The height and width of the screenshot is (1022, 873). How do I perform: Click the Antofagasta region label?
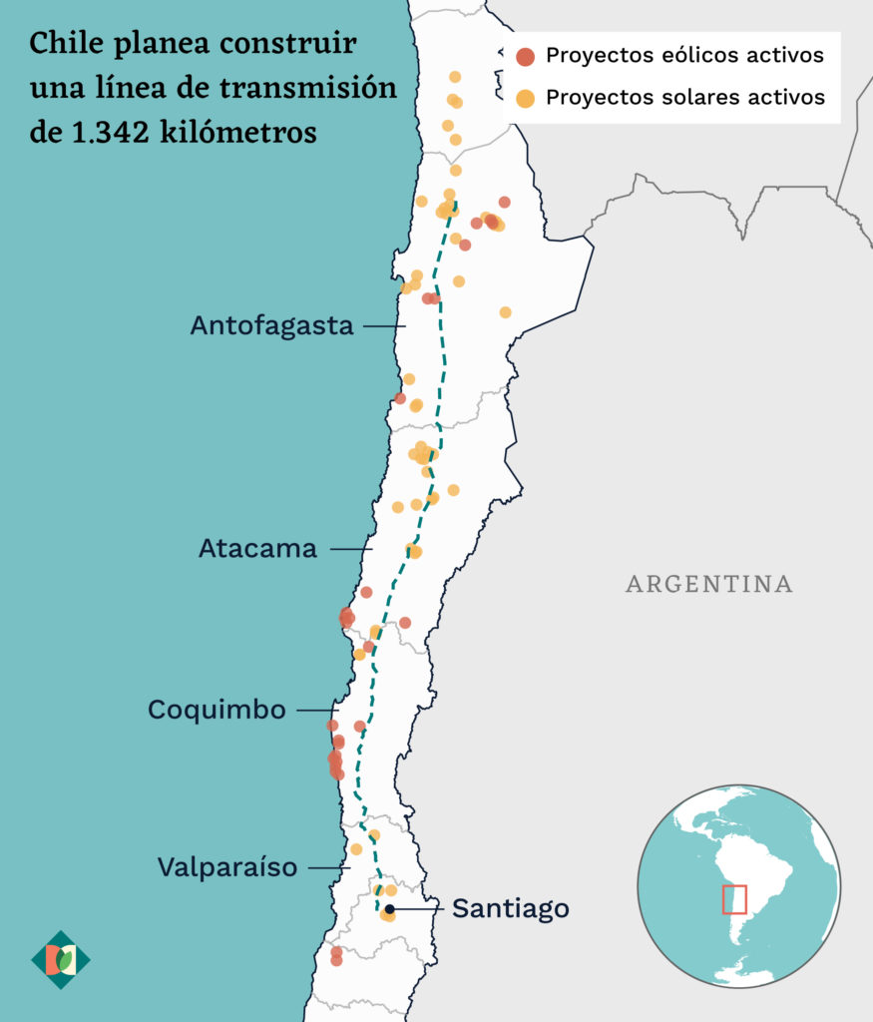click(271, 326)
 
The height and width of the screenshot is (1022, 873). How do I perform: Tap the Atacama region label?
click(257, 549)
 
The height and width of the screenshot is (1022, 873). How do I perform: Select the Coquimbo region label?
click(217, 710)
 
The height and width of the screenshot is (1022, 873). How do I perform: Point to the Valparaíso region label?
click(227, 867)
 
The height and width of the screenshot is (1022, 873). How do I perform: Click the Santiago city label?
click(510, 908)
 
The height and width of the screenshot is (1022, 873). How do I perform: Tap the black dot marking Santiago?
click(390, 909)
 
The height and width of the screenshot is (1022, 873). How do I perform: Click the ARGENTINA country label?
click(708, 584)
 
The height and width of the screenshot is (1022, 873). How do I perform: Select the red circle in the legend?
click(525, 57)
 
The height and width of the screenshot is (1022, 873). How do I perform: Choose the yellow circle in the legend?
click(525, 98)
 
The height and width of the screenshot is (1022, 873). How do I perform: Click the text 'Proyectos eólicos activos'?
click(684, 55)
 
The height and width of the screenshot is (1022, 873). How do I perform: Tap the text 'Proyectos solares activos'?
click(685, 97)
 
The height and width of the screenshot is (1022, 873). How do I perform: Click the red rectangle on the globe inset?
click(734, 899)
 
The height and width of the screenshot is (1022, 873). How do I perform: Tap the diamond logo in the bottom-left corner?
click(61, 960)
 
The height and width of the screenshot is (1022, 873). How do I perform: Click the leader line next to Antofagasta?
click(384, 326)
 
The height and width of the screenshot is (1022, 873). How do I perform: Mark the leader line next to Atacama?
click(351, 549)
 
